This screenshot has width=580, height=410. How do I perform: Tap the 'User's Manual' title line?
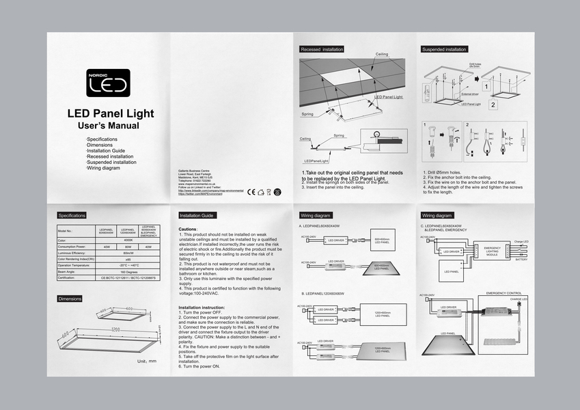tap(109, 126)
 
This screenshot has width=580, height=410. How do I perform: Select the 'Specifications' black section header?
tap(72, 215)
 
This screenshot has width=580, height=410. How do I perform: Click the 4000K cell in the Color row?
tap(128, 241)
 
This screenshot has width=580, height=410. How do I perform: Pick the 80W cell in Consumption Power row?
tap(128, 247)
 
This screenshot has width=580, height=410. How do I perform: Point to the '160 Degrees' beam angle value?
tap(128, 272)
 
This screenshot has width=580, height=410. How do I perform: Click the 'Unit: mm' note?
tap(147, 361)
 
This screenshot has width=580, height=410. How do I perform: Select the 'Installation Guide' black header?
tap(197, 215)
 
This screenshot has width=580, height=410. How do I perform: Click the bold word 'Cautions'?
tap(188, 229)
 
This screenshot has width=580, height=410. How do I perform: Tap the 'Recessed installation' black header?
tap(322, 50)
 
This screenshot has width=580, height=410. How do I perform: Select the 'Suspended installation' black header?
tap(444, 50)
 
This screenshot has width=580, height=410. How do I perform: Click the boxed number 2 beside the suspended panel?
tap(493, 105)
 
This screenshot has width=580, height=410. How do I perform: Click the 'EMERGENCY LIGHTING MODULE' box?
tap(492, 251)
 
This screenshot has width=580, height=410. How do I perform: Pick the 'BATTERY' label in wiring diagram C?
tap(521, 260)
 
